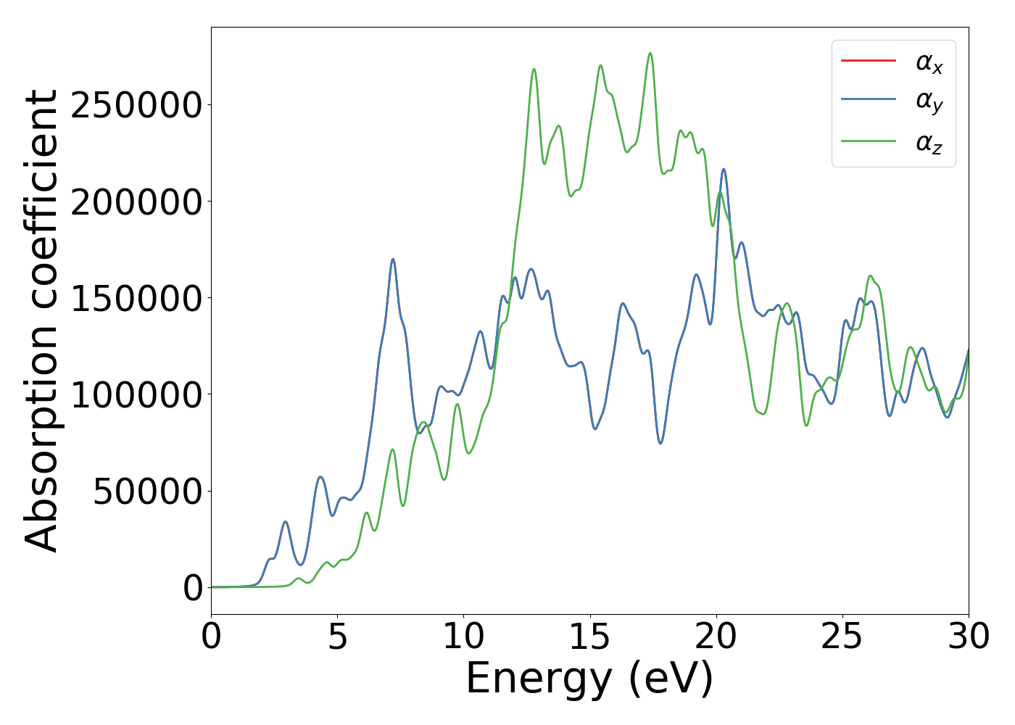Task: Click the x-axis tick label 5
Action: tap(338, 637)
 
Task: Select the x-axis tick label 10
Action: tap(463, 637)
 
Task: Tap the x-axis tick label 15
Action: tap(589, 637)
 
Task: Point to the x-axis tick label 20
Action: tap(716, 637)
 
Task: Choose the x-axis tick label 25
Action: tap(842, 637)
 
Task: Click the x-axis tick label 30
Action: tap(968, 637)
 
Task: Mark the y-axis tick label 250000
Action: tap(136, 105)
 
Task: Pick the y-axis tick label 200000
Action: tap(136, 202)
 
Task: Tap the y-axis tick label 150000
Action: tap(136, 298)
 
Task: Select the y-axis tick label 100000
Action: tap(136, 395)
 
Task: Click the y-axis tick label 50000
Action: tap(147, 492)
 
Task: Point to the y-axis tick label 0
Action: tap(193, 588)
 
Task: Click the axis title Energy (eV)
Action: tap(589, 679)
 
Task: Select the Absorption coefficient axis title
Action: tap(41, 320)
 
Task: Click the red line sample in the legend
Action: tap(868, 61)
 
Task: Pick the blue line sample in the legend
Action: tap(868, 101)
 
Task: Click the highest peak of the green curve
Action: tap(650, 53)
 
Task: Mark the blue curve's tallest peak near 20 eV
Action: tap(724, 169)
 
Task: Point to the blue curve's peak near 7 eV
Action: tap(393, 259)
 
